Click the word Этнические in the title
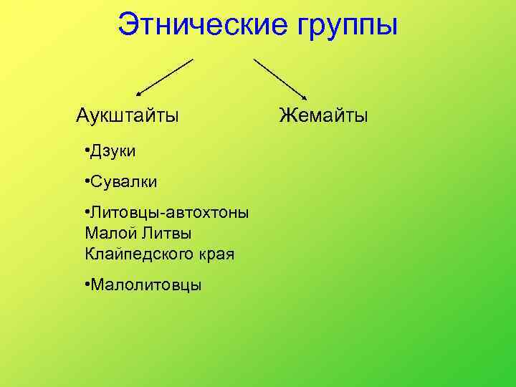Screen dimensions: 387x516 pos(196,25)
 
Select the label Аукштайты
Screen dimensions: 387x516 pos(128,115)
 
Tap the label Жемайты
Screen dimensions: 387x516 pos(323,115)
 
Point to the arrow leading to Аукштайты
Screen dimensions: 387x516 pos(165,77)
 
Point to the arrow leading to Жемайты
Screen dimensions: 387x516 pos(280,77)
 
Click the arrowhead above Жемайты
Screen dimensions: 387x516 pos(305,97)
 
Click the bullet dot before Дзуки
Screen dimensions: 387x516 pos(86,150)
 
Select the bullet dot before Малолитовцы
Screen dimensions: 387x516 pos(86,285)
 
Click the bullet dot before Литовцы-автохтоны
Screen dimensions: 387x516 pos(86,212)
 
